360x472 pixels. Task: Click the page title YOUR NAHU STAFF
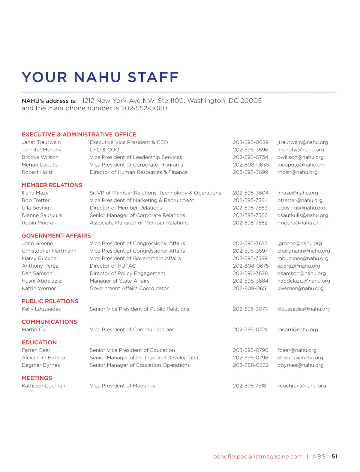point(100,77)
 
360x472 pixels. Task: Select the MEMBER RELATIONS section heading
point(52,185)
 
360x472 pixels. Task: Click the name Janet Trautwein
point(41,142)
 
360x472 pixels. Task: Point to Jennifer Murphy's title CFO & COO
point(104,150)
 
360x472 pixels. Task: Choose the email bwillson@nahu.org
point(300,157)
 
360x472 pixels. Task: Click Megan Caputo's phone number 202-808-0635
point(251,165)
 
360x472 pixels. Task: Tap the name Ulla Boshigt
point(36,208)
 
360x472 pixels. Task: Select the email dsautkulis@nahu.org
point(302,215)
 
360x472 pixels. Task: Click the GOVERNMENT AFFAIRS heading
point(56,236)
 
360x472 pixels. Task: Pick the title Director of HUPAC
point(112,266)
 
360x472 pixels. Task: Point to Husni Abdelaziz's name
point(41,281)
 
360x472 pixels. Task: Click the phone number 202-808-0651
point(250,289)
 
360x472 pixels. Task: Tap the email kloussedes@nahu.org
point(304,309)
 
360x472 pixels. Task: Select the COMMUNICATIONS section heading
point(49,322)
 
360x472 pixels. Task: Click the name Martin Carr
point(35,330)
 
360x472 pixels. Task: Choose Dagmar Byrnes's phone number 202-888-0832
point(250,365)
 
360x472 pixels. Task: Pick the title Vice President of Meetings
point(122,386)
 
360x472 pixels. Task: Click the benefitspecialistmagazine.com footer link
point(258,457)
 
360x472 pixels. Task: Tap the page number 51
point(334,457)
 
